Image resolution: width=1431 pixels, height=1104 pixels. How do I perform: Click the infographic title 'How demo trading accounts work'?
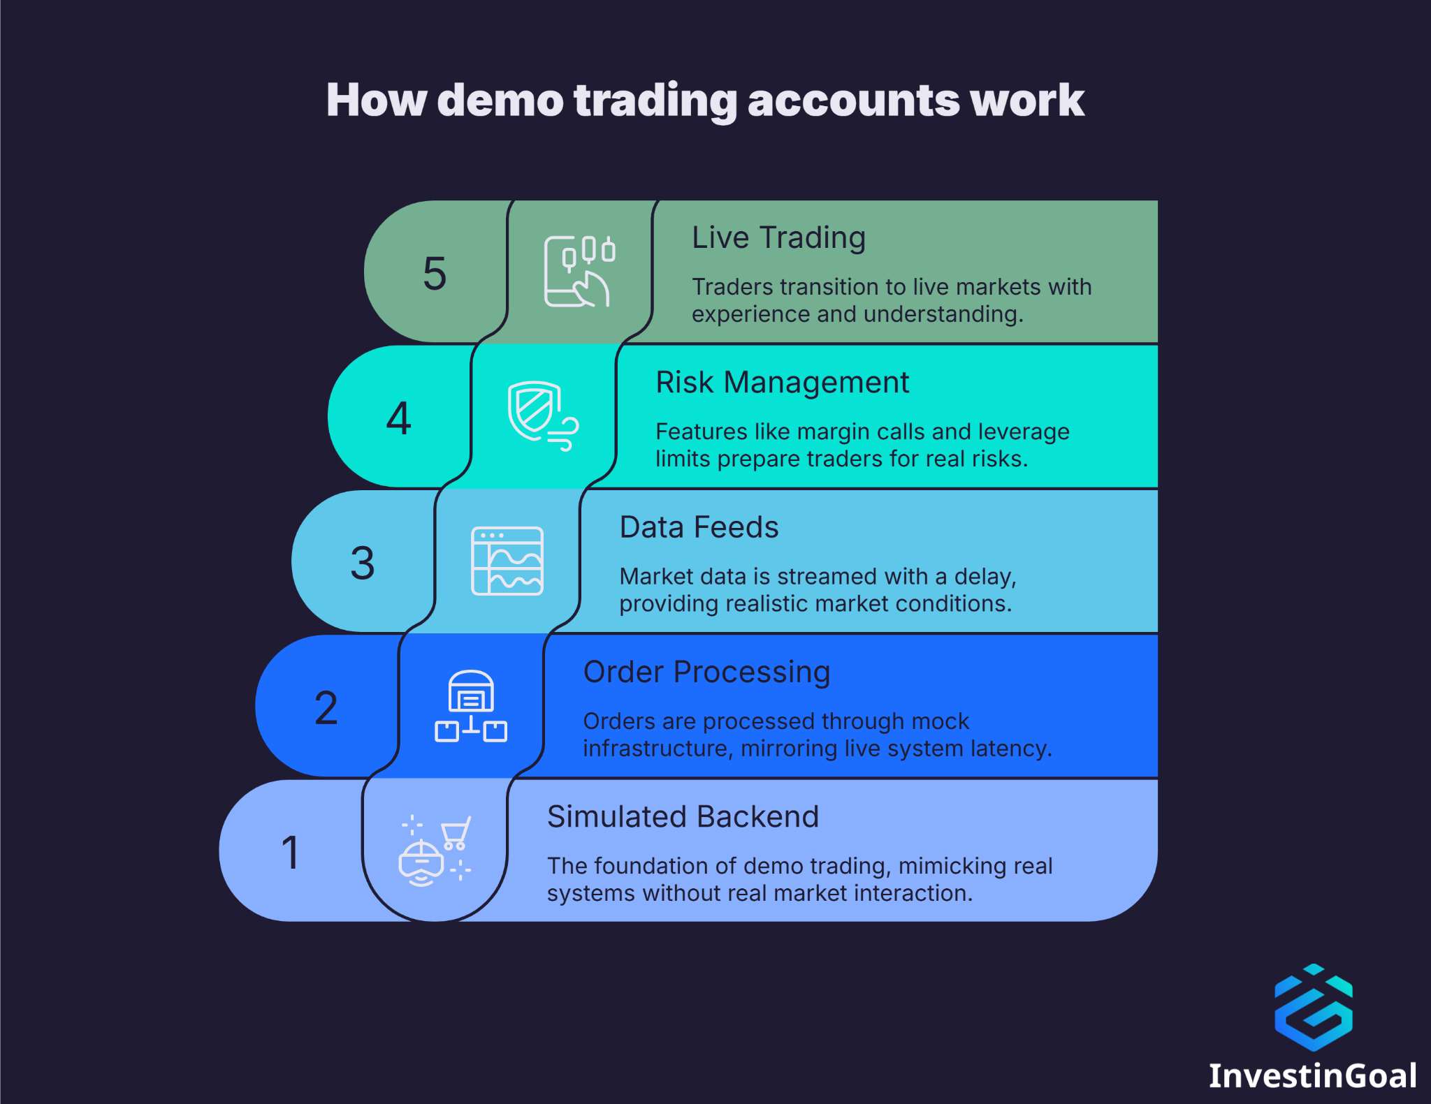pos(705,100)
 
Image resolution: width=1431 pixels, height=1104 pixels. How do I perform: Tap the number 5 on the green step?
pos(434,273)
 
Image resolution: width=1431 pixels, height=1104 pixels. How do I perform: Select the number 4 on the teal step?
pos(398,418)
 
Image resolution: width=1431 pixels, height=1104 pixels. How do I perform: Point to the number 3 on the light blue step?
pos(362,563)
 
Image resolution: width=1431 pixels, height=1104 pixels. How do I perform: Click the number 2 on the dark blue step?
pos(326,708)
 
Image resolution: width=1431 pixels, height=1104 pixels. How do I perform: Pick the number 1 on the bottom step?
pos(290,853)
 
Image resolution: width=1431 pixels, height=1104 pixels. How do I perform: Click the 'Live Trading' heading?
pos(778,237)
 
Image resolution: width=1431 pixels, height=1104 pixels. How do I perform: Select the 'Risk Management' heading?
pos(782,383)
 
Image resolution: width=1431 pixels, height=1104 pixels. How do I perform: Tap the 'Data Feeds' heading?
pos(699,527)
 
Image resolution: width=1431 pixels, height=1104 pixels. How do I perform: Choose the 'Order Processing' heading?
pos(706,672)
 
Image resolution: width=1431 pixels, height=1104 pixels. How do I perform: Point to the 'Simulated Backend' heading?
pos(683,816)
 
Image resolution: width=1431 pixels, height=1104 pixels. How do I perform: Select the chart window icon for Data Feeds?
pos(507,561)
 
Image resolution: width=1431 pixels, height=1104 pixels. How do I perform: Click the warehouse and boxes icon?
pos(471,706)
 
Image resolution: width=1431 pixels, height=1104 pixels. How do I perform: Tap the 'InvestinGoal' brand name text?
pos(1313,1076)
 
